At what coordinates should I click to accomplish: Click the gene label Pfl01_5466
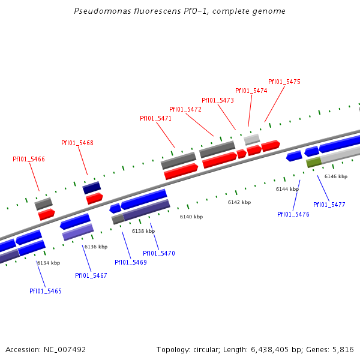[29, 160]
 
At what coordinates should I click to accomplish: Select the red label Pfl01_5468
[77, 143]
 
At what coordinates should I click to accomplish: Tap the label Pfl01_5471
[155, 119]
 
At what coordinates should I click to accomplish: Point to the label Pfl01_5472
[185, 110]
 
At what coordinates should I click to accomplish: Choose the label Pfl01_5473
[218, 101]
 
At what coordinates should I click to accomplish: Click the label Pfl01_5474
[251, 91]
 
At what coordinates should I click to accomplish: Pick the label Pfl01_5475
[284, 82]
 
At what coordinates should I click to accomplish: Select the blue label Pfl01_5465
[46, 291]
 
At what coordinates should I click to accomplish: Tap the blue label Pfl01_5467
[91, 275]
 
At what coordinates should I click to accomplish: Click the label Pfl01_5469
[131, 262]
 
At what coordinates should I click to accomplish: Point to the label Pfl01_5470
[159, 253]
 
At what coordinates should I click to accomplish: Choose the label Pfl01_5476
[293, 214]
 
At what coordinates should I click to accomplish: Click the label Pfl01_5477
[329, 205]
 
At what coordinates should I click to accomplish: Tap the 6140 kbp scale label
[191, 217]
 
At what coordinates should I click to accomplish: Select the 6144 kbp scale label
[287, 189]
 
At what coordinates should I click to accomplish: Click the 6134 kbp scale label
[49, 263]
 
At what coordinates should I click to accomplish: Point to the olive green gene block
[313, 162]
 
